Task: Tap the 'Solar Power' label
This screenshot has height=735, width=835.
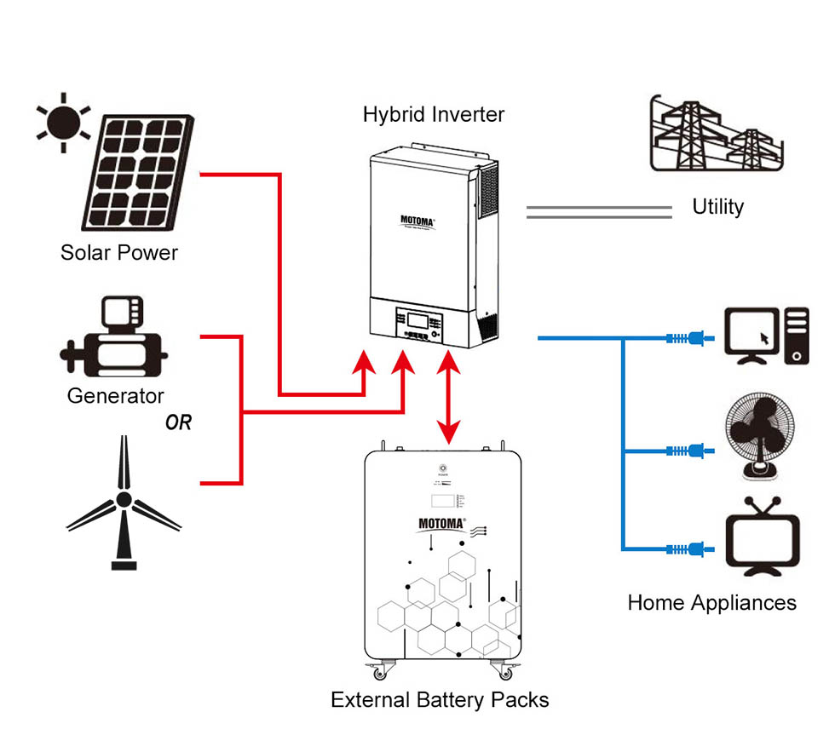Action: (x=119, y=253)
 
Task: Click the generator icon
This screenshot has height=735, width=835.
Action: (x=113, y=340)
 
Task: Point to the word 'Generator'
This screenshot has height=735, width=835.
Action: (x=115, y=396)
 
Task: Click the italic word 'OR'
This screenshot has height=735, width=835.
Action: (x=179, y=422)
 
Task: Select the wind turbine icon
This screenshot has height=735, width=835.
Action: (x=124, y=502)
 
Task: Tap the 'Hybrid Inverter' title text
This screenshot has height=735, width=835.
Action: (x=434, y=114)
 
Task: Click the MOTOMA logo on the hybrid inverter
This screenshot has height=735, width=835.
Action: (x=417, y=221)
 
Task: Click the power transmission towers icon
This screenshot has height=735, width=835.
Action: (x=717, y=135)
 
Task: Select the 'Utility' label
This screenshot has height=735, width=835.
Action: (x=717, y=207)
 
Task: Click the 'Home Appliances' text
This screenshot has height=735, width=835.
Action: (x=711, y=603)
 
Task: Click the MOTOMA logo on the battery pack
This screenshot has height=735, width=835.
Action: (x=439, y=524)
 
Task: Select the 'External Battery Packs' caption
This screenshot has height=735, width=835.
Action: (x=440, y=700)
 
